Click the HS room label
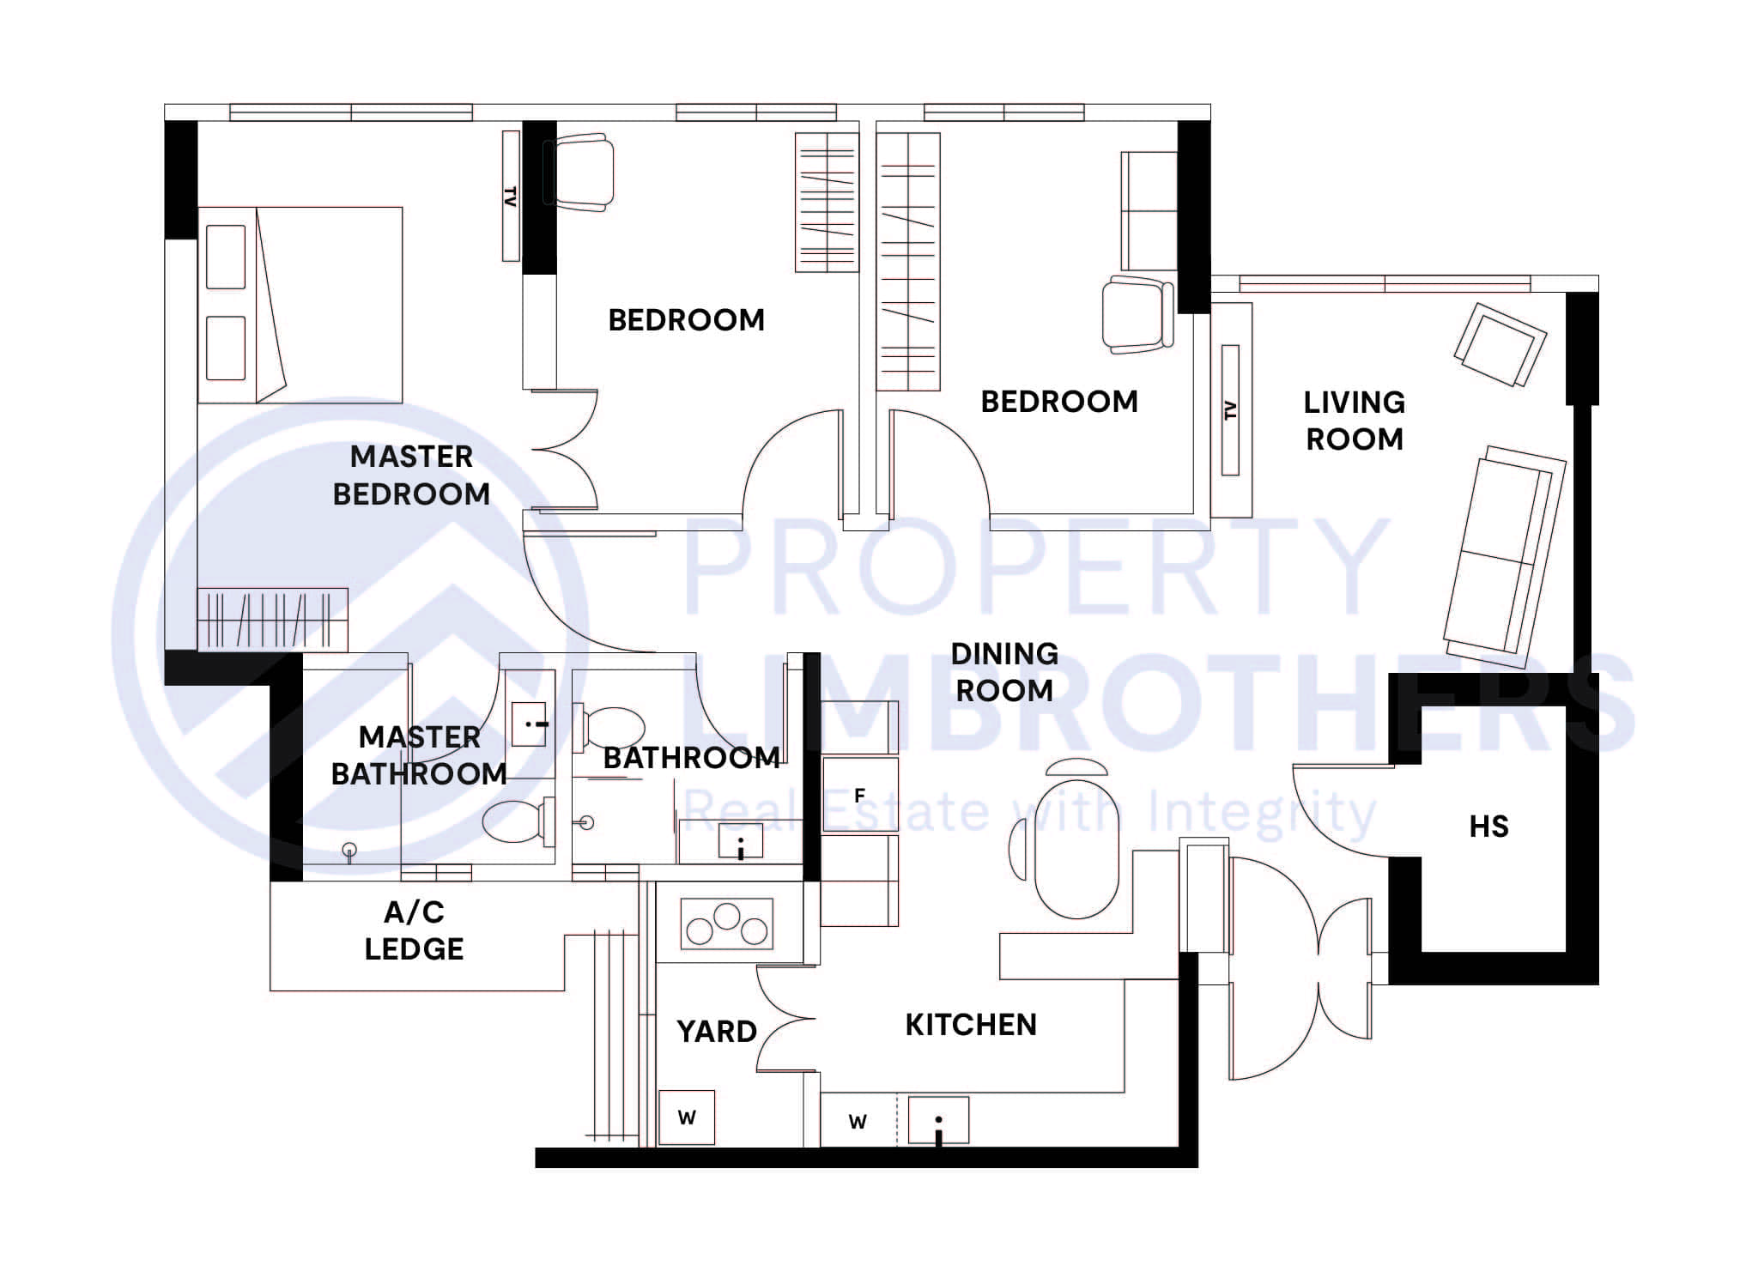pyautogui.click(x=1488, y=827)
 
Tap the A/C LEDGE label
pyautogui.click(x=414, y=930)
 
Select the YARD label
pyautogui.click(x=716, y=1031)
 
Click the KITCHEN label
pyautogui.click(x=971, y=1024)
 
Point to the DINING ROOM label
pyautogui.click(x=1003, y=672)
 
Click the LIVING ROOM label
pyautogui.click(x=1354, y=421)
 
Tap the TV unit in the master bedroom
pyautogui.click(x=511, y=196)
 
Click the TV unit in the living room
pyautogui.click(x=1230, y=410)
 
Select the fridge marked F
pyautogui.click(x=859, y=796)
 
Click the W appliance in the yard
pyautogui.click(x=686, y=1118)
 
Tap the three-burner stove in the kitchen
pyautogui.click(x=727, y=924)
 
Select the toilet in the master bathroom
pyautogui.click(x=518, y=821)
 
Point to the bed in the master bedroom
pyautogui.click(x=300, y=305)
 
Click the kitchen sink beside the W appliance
pyautogui.click(x=938, y=1120)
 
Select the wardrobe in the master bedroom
pyautogui.click(x=272, y=619)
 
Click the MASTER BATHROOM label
pyautogui.click(x=419, y=755)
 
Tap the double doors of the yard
pyautogui.click(x=785, y=1019)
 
